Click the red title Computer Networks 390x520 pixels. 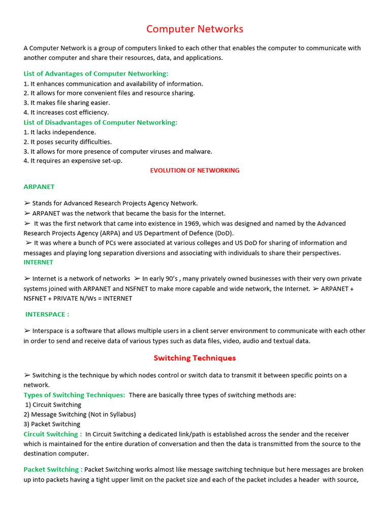[x=194, y=29]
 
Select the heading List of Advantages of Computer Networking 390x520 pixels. [x=96, y=74]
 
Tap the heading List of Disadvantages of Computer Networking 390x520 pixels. [x=101, y=122]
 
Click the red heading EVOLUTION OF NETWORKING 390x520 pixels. [x=194, y=171]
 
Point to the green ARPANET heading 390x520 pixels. [x=39, y=187]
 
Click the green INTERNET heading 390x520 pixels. [x=39, y=263]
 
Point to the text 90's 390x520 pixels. [x=172, y=279]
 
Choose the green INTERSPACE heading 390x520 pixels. [x=47, y=314]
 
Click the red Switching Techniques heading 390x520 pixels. [x=194, y=358]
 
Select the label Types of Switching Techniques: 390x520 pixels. [x=74, y=395]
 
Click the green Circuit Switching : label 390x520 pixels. [x=53, y=434]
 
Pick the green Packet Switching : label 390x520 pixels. [x=53, y=470]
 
